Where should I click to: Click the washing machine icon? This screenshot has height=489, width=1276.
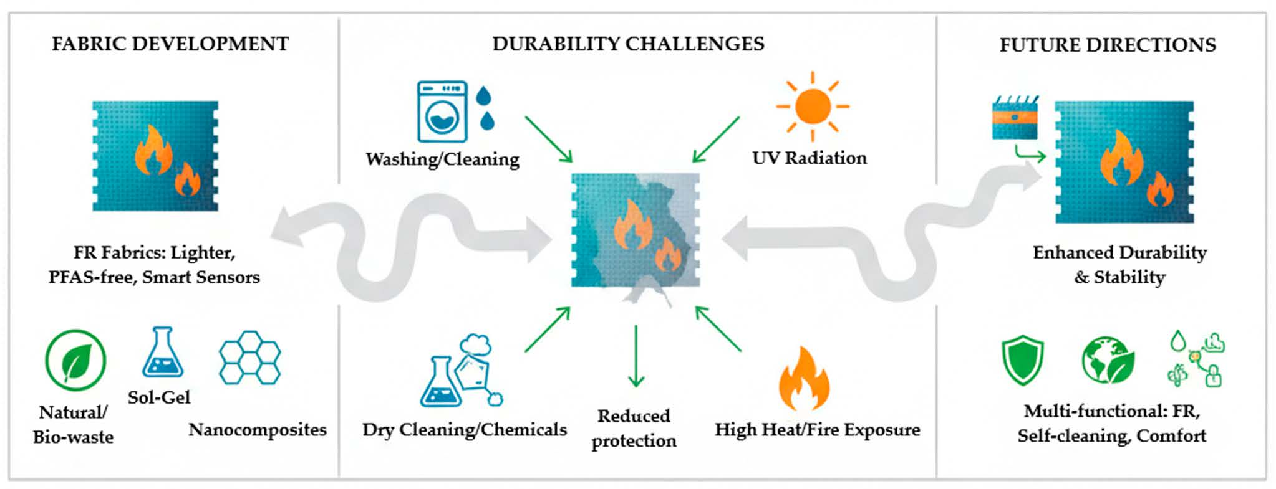tap(442, 112)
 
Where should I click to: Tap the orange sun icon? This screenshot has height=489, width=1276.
tap(812, 106)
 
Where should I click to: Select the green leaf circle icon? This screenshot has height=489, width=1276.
tap(75, 360)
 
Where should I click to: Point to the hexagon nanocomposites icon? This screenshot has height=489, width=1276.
tap(250, 357)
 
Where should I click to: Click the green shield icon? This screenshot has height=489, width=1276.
tap(1022, 359)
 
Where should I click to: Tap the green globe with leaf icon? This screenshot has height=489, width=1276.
tap(1107, 360)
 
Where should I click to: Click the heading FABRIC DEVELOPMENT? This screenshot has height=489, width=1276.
tap(170, 44)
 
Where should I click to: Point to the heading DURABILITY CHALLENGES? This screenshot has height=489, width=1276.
tap(628, 44)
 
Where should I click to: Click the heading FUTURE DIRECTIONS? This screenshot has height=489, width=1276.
tap(1108, 45)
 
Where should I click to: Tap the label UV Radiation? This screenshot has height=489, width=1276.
tap(810, 158)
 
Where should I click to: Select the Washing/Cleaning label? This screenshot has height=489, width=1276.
tap(442, 159)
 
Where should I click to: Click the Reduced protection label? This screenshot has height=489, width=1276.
tap(634, 428)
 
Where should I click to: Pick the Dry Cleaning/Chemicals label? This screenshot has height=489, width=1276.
tap(465, 430)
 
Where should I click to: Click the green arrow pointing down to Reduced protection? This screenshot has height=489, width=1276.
tap(636, 355)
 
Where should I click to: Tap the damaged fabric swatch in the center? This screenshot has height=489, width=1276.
tap(636, 230)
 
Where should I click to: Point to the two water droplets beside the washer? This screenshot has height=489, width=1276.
tap(485, 108)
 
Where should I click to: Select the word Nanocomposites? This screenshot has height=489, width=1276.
tap(258, 430)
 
